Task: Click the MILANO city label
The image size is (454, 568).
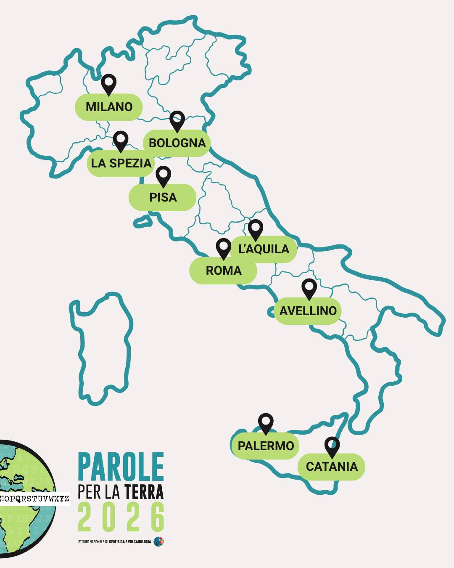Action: [x=109, y=107]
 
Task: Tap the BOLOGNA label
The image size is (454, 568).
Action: [x=177, y=143]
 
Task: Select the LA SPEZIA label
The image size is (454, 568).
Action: [x=121, y=163]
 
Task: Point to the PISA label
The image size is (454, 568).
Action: [x=163, y=197]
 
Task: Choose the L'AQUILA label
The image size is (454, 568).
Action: [x=264, y=249]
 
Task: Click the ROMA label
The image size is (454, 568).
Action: [x=223, y=271]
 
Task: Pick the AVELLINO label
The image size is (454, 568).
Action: [x=308, y=311]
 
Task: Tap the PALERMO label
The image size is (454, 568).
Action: [x=266, y=446]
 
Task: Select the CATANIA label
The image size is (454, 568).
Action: [x=332, y=467]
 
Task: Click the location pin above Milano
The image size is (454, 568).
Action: [x=109, y=84]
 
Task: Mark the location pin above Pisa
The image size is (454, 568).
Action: [x=163, y=175]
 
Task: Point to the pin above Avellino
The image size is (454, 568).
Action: [x=309, y=288]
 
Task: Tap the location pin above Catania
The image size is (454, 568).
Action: [x=332, y=446]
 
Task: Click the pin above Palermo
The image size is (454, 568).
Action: [x=266, y=423]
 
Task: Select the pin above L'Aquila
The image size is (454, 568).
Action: [x=255, y=229]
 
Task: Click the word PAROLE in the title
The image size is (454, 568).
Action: [x=121, y=467]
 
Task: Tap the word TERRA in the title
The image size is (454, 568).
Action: [x=144, y=491]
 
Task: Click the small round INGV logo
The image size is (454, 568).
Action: [x=158, y=541]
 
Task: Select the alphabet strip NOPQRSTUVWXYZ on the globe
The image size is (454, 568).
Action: [x=34, y=499]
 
